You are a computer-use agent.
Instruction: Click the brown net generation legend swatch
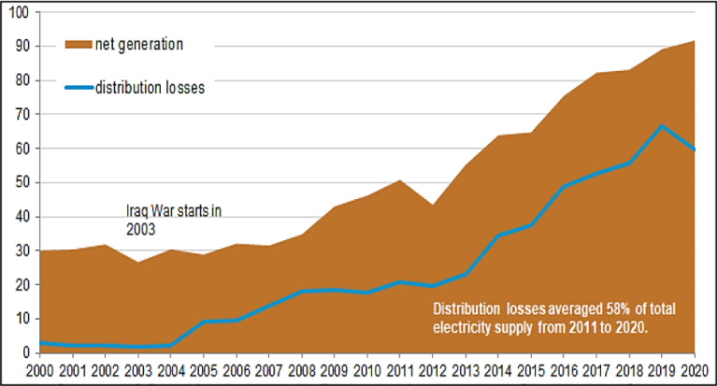coord(78,43)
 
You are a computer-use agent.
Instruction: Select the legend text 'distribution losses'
coord(150,88)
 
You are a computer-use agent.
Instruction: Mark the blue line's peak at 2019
coord(662,125)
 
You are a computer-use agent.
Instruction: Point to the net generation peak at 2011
coord(399,179)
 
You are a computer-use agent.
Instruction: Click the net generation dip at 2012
coord(432,205)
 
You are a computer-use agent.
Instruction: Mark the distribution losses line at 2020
coord(695,150)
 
